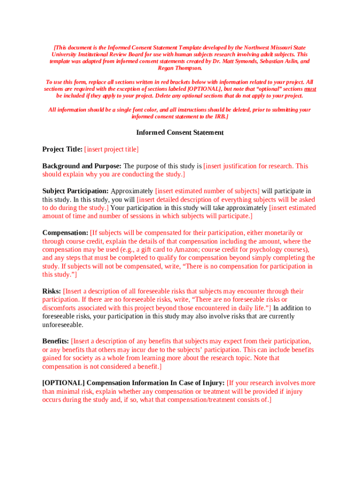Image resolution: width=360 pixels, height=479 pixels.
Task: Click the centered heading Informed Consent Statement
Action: tap(180, 132)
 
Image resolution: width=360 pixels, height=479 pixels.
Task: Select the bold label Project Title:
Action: tap(62, 149)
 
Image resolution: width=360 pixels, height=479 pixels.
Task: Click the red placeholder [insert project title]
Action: tap(111, 149)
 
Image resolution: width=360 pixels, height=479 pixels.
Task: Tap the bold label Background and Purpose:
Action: tap(82, 166)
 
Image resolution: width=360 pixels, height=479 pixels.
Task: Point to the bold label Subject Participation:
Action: tap(75, 191)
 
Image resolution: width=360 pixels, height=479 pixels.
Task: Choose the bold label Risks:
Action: tap(51, 291)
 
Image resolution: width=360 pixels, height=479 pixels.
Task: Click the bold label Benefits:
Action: tap(56, 341)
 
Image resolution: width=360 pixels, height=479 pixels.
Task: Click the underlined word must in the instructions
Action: tap(310, 88)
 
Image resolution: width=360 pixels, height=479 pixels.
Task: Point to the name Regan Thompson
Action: tap(180, 68)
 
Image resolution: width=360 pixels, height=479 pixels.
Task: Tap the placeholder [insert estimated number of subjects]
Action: tap(207, 191)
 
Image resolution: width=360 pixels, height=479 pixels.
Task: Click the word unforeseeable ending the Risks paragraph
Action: tap(63, 325)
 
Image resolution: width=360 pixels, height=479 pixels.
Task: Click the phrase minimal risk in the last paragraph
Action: tap(75, 391)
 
